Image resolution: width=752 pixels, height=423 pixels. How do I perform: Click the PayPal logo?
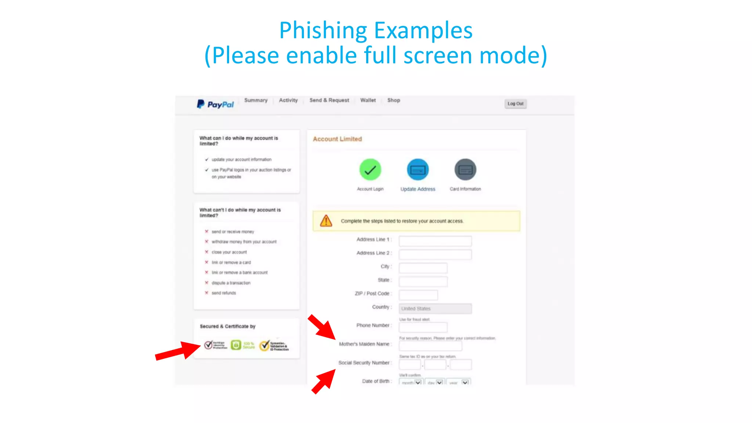215,104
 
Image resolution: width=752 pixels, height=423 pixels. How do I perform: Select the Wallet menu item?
368,100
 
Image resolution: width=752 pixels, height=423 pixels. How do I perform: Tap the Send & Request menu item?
329,100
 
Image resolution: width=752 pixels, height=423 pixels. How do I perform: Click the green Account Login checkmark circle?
370,170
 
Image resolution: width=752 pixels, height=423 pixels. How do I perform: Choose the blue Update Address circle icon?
417,170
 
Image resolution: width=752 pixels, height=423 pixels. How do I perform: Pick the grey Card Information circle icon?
465,170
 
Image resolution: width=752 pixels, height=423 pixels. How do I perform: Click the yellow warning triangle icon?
326,221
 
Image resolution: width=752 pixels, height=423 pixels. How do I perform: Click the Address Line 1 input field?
435,241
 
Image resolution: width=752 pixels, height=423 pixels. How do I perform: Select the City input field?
423,268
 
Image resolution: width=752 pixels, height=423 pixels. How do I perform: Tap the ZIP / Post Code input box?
418,295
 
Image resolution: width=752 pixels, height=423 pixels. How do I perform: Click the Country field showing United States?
435,308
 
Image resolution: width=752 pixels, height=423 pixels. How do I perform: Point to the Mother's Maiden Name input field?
430,346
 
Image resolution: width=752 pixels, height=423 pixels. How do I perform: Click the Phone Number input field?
423,327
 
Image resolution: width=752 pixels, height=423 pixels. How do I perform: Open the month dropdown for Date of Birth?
411,382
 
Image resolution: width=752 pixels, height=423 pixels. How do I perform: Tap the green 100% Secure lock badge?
236,345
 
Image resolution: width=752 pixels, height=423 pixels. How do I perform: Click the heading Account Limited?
337,139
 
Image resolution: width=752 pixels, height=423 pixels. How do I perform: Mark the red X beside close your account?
207,252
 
